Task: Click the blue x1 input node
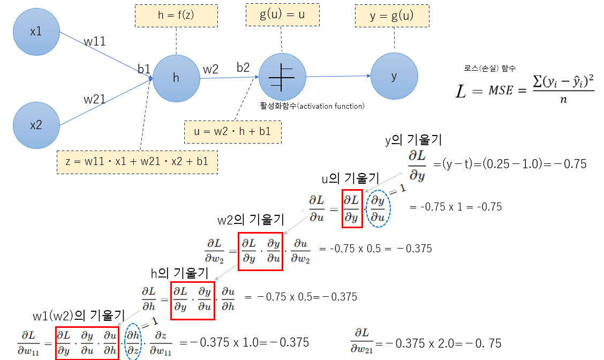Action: coord(36,31)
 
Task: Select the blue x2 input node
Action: coord(36,125)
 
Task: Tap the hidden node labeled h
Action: coord(176,78)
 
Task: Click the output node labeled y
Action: coord(394,76)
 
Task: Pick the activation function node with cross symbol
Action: coord(282,78)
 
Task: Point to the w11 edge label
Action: coord(95,41)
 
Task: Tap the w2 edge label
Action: coord(210,69)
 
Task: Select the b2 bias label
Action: coord(244,67)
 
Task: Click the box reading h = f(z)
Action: coord(176,16)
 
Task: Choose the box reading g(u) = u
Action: coord(282,15)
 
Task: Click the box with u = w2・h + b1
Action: coord(232,131)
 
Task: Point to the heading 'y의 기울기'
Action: coord(413,141)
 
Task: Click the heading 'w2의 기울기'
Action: coord(251,220)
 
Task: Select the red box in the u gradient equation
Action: coord(352,208)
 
